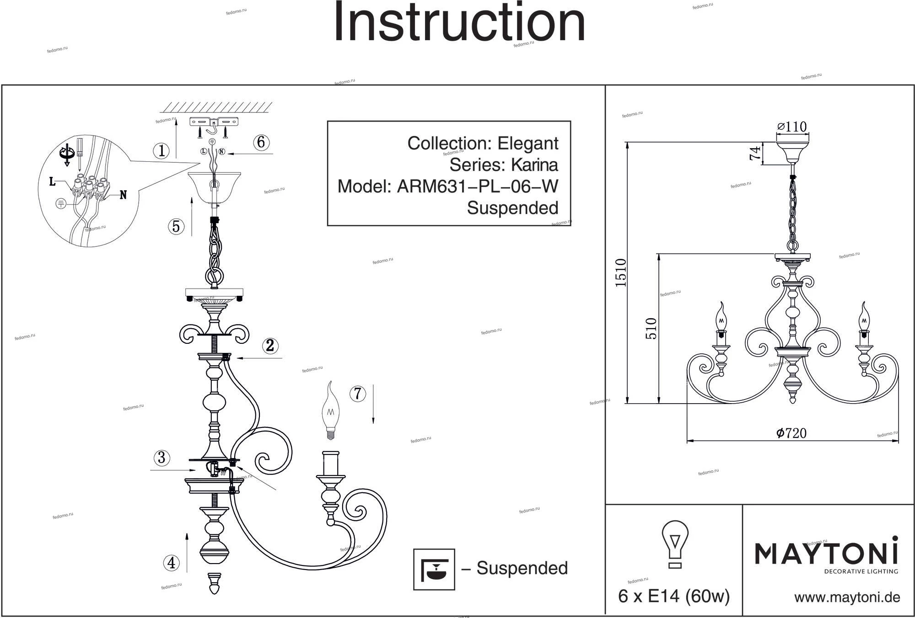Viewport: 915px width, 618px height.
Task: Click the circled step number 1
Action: [161, 150]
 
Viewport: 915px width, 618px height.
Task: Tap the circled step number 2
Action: [270, 346]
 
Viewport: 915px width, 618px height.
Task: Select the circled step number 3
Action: [161, 458]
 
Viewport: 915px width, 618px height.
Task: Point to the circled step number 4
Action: [171, 562]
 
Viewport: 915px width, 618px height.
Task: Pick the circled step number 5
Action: [176, 226]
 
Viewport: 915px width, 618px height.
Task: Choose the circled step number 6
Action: [261, 142]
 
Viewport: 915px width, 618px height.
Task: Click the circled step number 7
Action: [358, 394]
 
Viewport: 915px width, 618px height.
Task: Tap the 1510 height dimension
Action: [621, 273]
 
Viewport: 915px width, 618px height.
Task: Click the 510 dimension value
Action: [651, 328]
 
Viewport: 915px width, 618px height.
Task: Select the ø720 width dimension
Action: [791, 433]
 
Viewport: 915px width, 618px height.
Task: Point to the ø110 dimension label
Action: [792, 126]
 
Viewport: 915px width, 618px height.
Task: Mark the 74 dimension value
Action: [755, 153]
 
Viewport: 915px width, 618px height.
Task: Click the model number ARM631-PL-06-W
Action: [477, 186]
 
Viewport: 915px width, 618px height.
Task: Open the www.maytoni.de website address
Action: [847, 597]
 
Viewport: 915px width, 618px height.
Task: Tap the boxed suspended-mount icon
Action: [434, 569]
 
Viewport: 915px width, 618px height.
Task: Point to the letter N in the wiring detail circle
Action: [123, 195]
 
